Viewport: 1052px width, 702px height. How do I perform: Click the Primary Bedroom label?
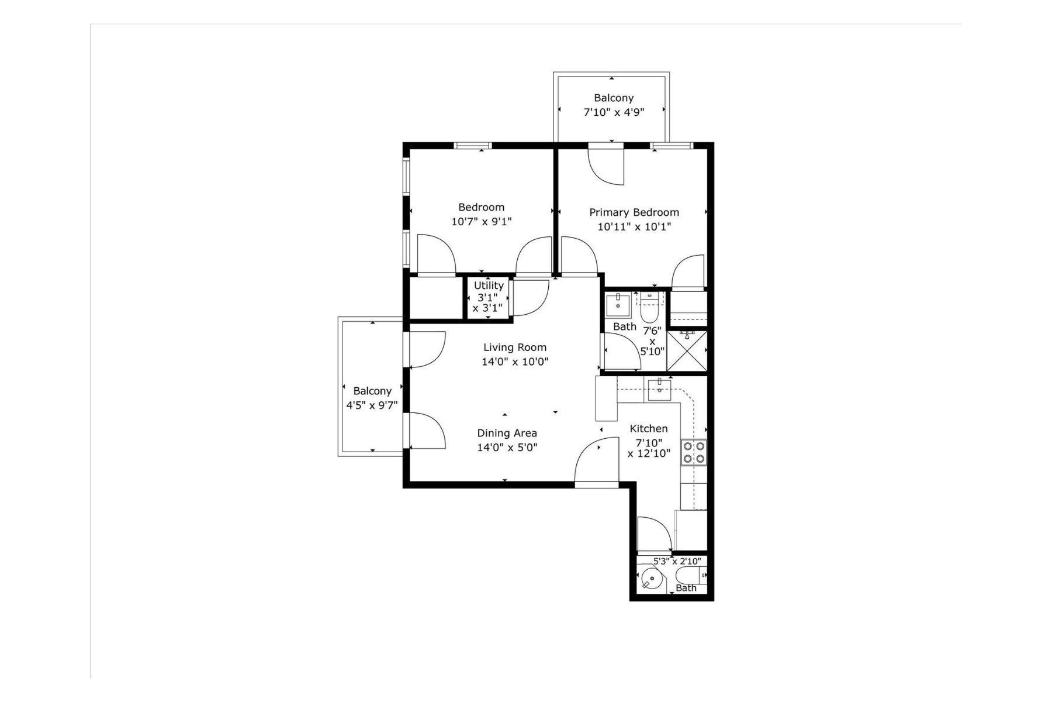pos(634,212)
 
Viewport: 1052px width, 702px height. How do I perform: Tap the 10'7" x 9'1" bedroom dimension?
pos(481,222)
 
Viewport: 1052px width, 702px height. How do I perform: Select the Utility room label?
pos(489,285)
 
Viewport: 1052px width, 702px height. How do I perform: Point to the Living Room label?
pos(515,347)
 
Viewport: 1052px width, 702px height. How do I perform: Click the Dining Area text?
pos(507,433)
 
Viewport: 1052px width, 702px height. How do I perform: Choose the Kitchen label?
pos(649,429)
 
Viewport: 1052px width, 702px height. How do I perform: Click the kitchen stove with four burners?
pos(694,452)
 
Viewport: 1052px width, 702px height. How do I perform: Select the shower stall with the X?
pos(687,351)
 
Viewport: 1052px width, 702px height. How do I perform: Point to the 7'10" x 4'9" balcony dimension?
pos(614,112)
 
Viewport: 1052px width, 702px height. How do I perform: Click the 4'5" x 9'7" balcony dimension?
pos(372,405)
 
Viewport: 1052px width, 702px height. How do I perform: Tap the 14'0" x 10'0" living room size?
pos(515,362)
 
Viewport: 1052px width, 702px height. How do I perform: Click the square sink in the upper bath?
pos(618,304)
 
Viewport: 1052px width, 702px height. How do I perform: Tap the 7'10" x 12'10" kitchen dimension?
pos(649,448)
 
